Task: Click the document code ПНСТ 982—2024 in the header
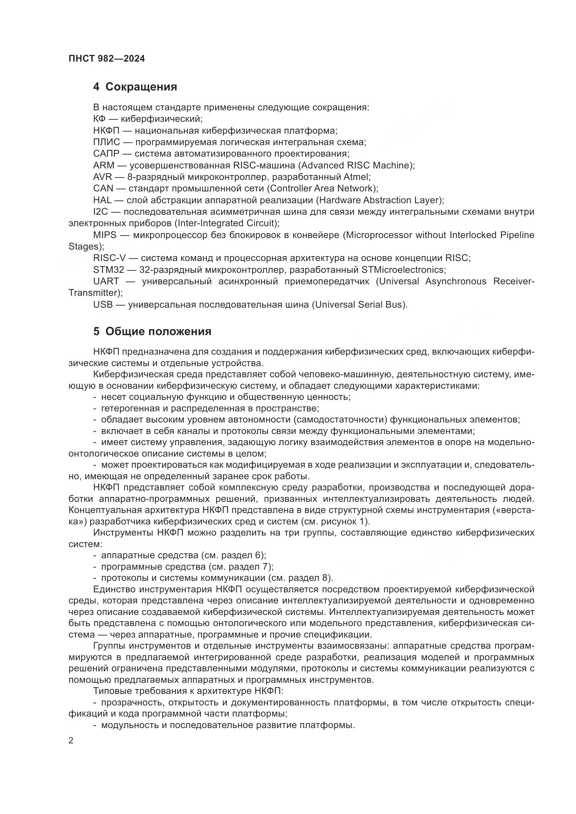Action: pos(107,59)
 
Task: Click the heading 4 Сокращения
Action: pos(135,87)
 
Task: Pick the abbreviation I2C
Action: pos(100,212)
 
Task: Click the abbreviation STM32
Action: pos(109,270)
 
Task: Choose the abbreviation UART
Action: pos(106,282)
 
